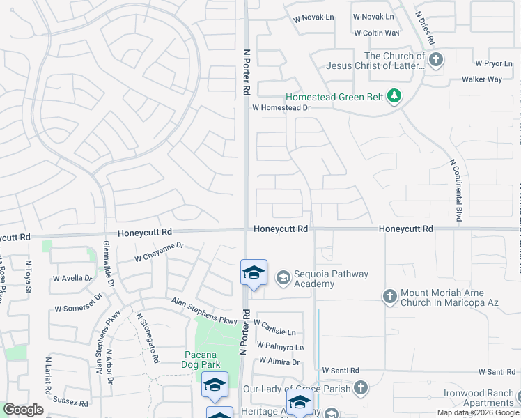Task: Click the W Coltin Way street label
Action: click(x=376, y=33)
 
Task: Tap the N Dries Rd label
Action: click(x=424, y=29)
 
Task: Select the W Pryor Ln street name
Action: click(x=493, y=63)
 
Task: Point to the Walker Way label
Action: click(x=481, y=79)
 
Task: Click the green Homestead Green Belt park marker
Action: click(x=394, y=95)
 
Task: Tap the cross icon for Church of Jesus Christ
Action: click(x=436, y=59)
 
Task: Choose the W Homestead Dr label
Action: click(x=281, y=108)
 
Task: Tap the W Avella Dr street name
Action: click(x=72, y=278)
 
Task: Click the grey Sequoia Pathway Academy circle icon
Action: click(x=283, y=278)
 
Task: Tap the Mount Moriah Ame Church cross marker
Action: click(x=390, y=297)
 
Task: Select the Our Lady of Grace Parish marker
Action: click(x=360, y=387)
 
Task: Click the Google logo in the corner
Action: click(x=23, y=410)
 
